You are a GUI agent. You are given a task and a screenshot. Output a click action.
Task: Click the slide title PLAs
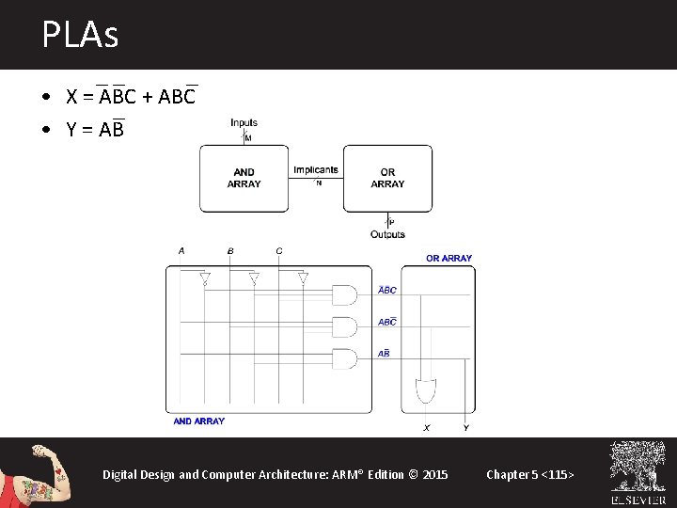(80, 36)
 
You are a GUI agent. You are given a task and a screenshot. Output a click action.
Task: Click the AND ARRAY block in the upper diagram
(244, 178)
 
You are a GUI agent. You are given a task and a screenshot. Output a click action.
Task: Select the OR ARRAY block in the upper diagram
(387, 178)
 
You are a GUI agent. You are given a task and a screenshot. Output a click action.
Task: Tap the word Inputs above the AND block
(244, 122)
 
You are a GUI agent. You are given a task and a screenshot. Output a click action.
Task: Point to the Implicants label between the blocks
(315, 170)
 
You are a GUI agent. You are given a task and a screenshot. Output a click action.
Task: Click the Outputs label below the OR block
(387, 234)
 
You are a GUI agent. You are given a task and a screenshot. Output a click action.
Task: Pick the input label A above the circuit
(181, 251)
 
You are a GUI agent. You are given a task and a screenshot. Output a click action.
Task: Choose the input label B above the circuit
(230, 251)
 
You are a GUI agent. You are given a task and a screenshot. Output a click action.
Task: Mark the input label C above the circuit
(279, 251)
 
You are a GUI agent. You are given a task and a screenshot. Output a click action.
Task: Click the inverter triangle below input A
(205, 278)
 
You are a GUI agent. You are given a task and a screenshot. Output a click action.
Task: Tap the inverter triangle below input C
(303, 278)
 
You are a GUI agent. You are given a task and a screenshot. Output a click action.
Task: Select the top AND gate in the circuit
(345, 295)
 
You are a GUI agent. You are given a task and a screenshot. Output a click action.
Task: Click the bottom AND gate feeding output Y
(345, 359)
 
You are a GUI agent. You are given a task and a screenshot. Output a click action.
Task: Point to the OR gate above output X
(425, 389)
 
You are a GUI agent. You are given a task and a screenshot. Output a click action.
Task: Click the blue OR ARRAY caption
(449, 258)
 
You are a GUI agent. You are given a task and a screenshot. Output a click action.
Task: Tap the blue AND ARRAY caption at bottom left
(199, 421)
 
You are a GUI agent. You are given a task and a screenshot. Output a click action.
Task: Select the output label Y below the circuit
(466, 428)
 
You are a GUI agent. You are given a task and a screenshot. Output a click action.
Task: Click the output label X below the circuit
(426, 428)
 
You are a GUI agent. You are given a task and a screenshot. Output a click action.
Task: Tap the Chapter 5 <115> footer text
(529, 474)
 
